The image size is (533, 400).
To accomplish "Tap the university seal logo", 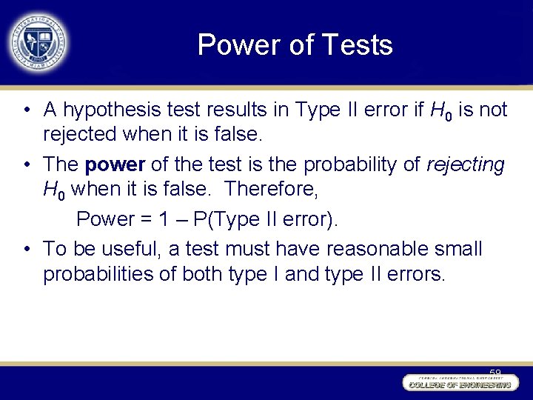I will coord(38,41).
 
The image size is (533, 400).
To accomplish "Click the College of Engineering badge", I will coord(458,382).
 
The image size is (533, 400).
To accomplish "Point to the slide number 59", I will coord(495,373).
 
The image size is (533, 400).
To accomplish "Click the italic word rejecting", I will coord(466,164).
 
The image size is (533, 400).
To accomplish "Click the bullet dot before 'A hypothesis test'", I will coord(26,111).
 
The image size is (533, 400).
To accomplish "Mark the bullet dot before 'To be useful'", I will coord(26,249).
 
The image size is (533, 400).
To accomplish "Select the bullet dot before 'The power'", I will coord(26,164).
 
